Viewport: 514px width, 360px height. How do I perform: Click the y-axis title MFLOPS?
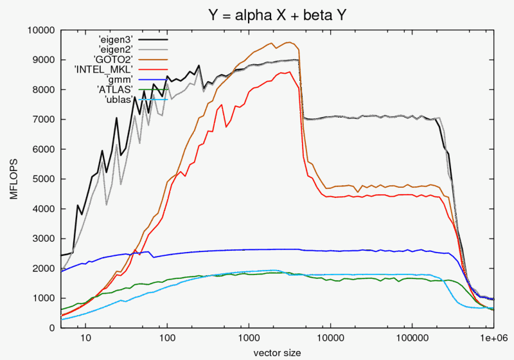[13, 179]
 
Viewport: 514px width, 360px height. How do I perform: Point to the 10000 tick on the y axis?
[41, 30]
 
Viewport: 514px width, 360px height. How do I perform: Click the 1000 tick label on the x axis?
[249, 338]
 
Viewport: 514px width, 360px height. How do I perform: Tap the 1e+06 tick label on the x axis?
[492, 338]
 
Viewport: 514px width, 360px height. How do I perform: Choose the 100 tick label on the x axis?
[168, 338]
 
